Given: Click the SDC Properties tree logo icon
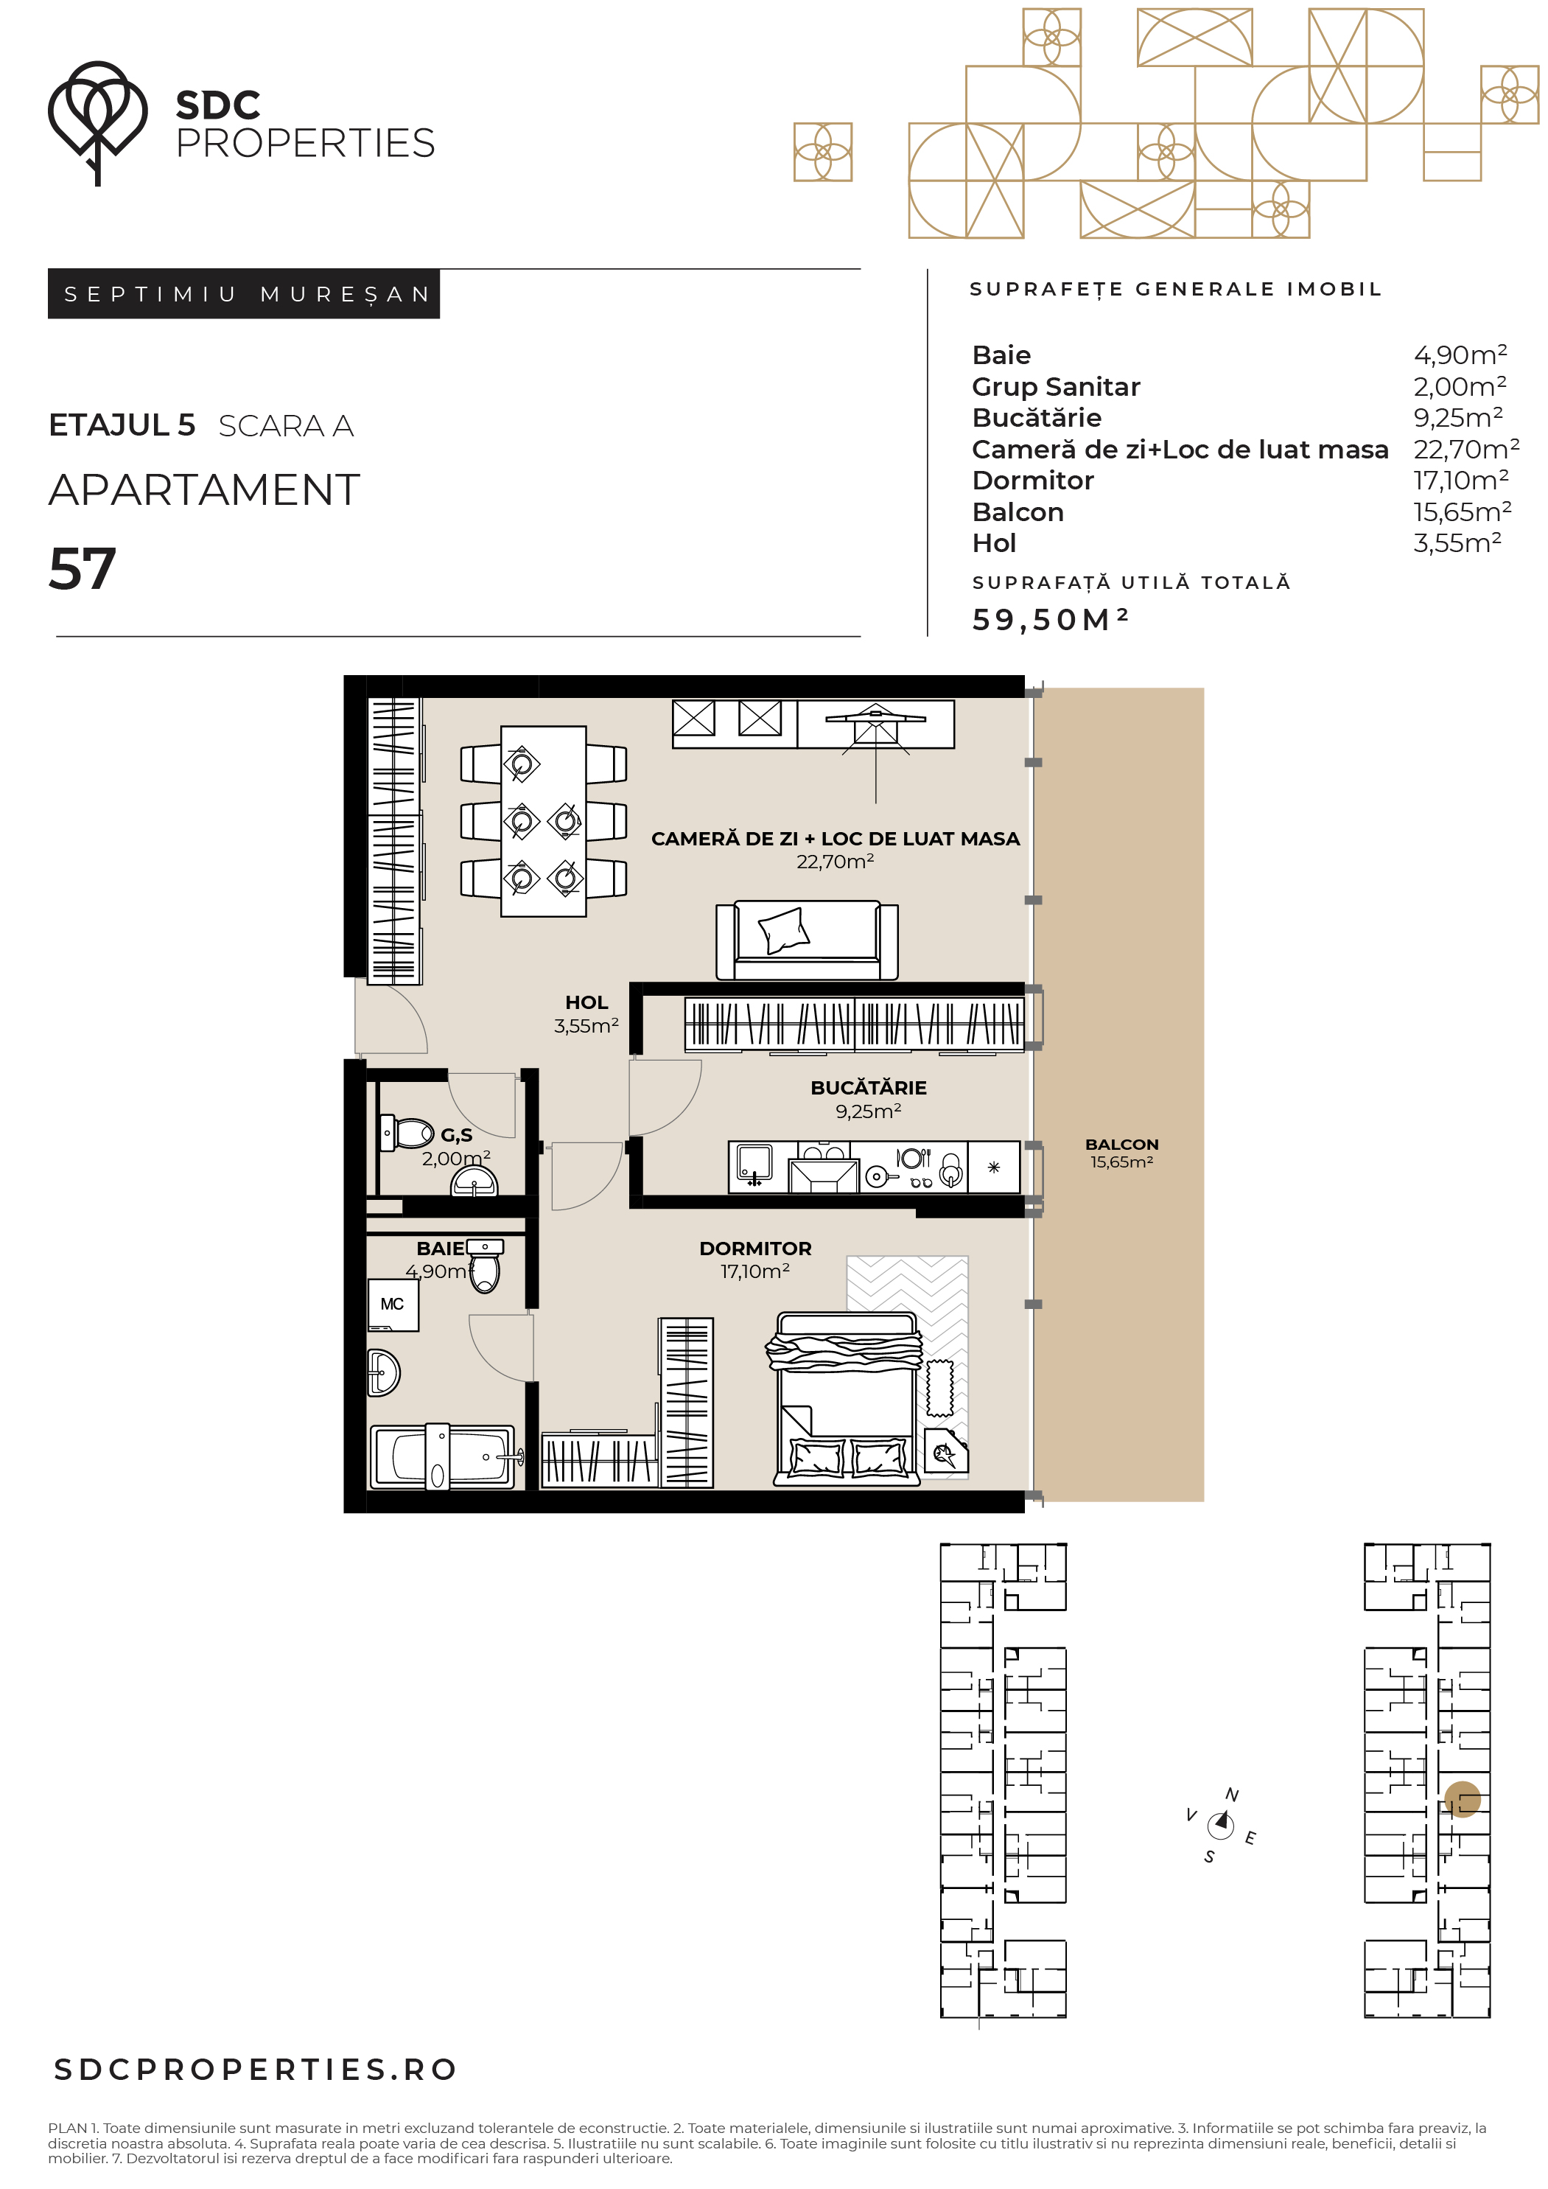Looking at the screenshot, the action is coord(97,122).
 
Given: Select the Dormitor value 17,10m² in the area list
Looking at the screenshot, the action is coord(1460,480).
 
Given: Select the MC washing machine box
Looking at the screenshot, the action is coord(393,1305).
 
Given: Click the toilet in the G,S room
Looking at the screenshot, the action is coord(406,1133).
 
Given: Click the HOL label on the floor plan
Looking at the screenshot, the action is coord(586,1002).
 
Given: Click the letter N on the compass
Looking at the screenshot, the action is coord(1231,1794).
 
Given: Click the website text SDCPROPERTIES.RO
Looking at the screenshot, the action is coord(256,2070).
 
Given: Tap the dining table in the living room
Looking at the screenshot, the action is coord(543,821).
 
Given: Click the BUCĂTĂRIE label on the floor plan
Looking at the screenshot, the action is coord(869,1087).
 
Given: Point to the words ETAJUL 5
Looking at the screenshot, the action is coord(122,425).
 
